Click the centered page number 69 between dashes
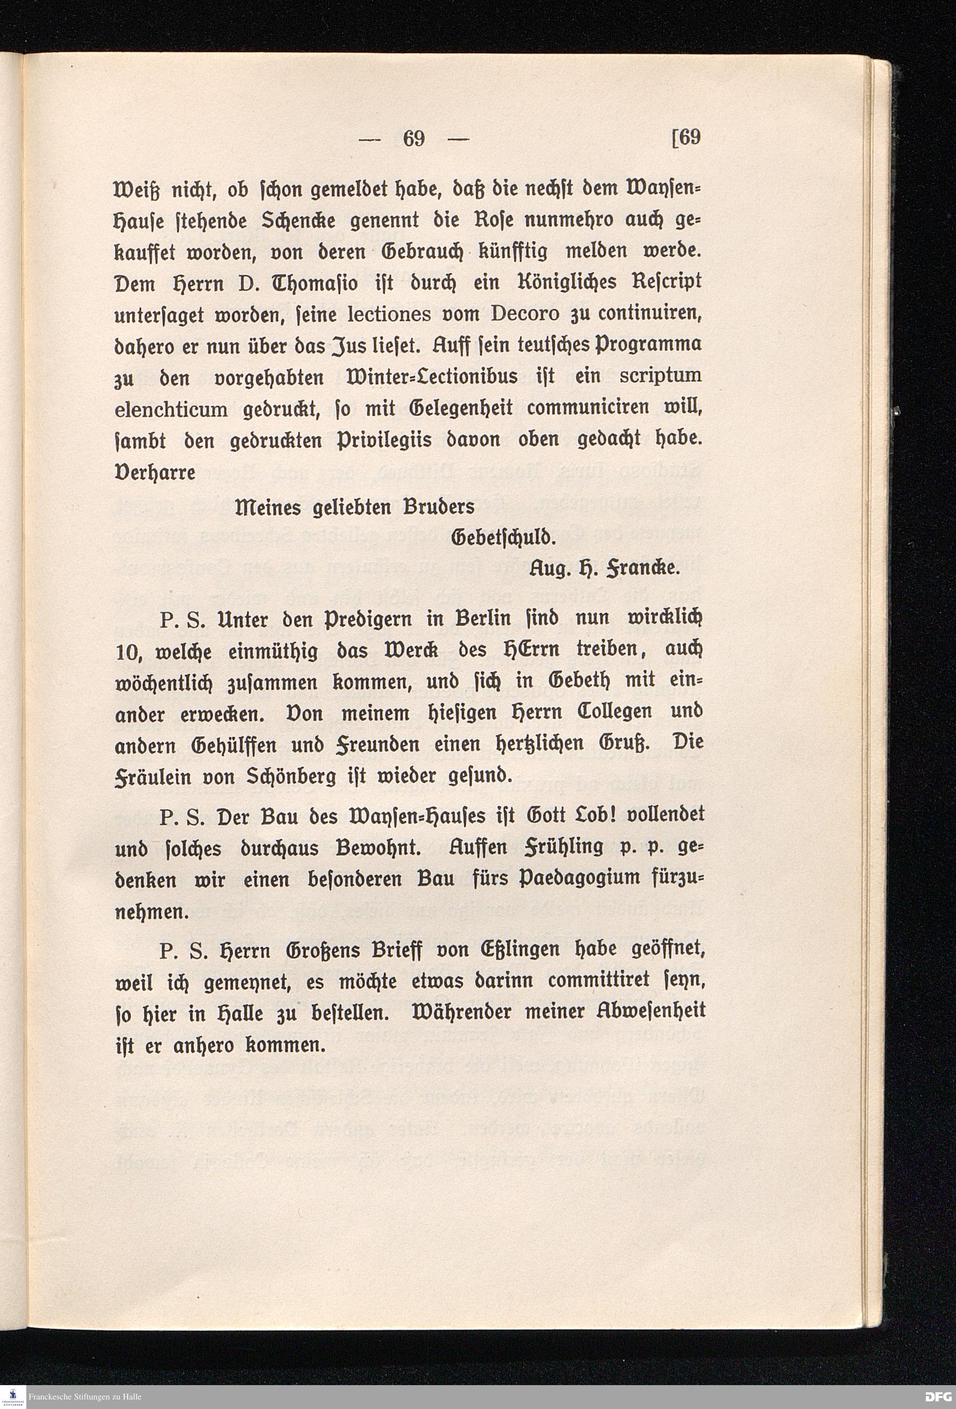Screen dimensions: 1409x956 [x=413, y=139]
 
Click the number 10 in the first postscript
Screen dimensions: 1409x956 [x=127, y=652]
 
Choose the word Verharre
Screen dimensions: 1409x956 [x=155, y=472]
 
